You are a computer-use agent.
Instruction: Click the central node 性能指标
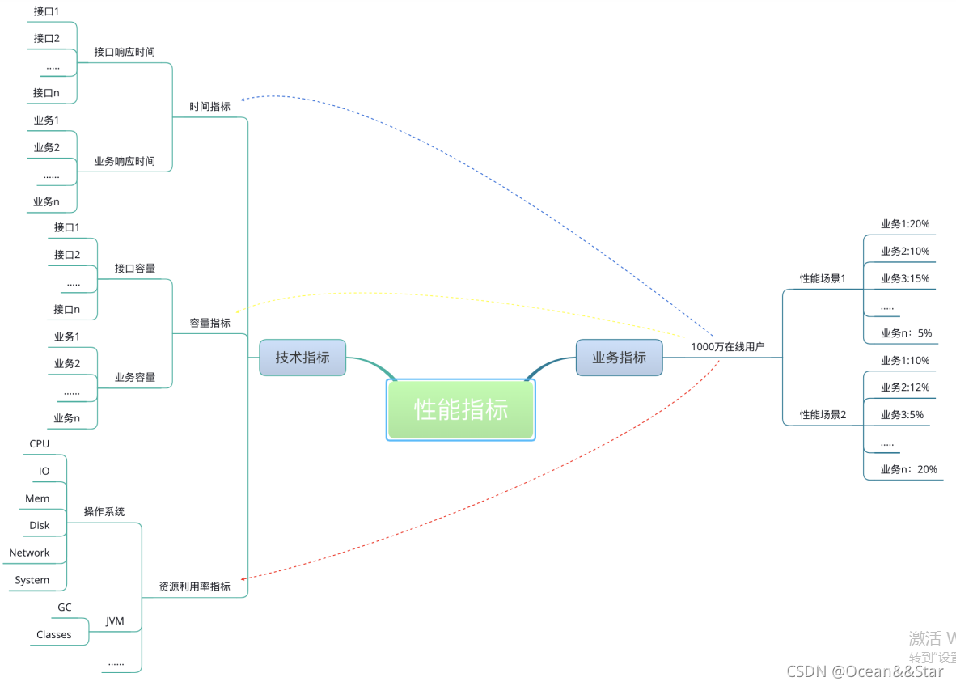pos(461,410)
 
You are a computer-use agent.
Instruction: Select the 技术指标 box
pos(302,358)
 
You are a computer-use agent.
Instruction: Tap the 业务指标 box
pos(619,358)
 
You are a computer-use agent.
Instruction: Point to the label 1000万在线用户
pos(727,347)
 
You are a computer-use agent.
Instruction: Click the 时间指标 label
pos(209,107)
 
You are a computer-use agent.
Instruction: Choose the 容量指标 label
pos(209,323)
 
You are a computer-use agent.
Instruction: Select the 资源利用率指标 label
pos(194,586)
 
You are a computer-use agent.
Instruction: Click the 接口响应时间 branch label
pos(125,52)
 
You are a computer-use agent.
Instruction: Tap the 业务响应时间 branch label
pos(125,161)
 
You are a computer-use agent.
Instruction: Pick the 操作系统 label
pos(104,512)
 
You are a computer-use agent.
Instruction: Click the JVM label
pos(115,621)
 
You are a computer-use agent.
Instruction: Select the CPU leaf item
pos(39,444)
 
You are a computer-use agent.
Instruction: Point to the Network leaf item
pos(29,553)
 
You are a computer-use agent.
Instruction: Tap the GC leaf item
pos(64,608)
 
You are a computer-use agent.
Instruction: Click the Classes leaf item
pos(53,635)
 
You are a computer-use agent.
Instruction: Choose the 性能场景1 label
pos(823,279)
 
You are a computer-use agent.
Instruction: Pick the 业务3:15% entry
pos(904,279)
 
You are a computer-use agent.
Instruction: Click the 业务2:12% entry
pos(904,387)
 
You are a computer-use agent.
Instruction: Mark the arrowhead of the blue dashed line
pos(243,99)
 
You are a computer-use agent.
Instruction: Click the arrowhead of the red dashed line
pos(243,578)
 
